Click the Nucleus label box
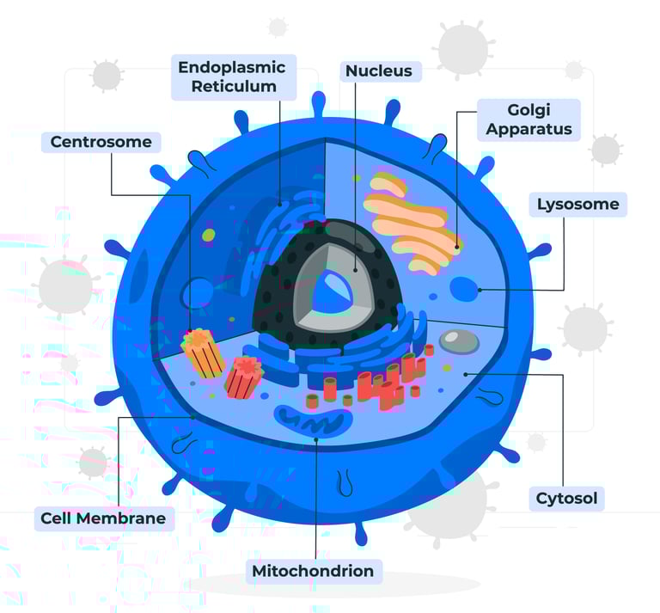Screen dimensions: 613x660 click(x=378, y=70)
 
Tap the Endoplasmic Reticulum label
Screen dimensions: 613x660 click(x=233, y=77)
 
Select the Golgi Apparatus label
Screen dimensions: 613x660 click(x=528, y=120)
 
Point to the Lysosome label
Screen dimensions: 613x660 click(x=577, y=205)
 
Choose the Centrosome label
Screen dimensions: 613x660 click(x=101, y=142)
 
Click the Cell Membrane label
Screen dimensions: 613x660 click(x=102, y=518)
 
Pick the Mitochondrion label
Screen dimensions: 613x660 click(x=313, y=571)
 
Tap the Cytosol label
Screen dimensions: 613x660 click(x=565, y=498)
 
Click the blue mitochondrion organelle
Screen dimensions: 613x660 click(x=313, y=420)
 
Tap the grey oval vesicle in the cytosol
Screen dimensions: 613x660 click(x=460, y=341)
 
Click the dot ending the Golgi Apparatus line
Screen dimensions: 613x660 click(x=456, y=248)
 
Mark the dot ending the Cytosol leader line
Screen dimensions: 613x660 click(x=465, y=374)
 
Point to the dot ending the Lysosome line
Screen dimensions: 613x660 click(x=480, y=290)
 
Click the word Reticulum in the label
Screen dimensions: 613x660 click(x=234, y=87)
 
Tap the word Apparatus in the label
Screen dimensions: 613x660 click(x=528, y=131)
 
